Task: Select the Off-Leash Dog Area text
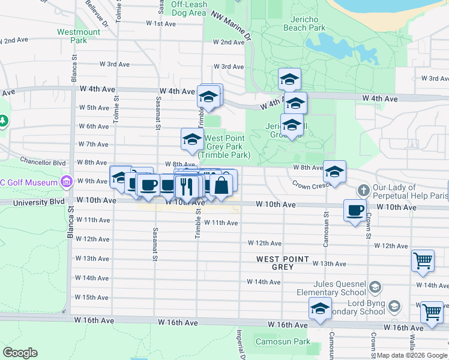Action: point(189,8)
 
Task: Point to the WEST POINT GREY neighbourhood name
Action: point(283,263)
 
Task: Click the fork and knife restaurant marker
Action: point(187,187)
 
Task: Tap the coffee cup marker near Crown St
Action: point(355,210)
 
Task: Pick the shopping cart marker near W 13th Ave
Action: point(423,262)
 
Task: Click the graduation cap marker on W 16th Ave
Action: point(320,309)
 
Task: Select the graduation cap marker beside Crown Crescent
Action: point(334,172)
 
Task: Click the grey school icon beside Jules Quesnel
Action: point(376,287)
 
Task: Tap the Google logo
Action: point(20,353)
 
